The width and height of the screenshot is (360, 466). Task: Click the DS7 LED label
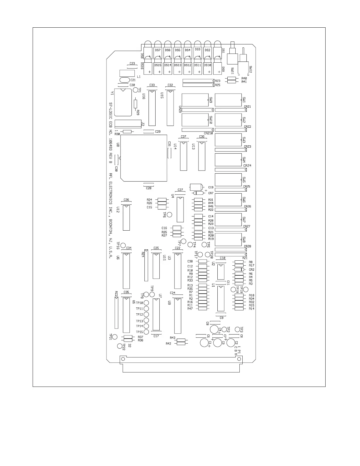tap(158, 50)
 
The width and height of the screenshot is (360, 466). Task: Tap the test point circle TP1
tap(136, 90)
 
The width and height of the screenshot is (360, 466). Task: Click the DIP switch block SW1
tap(228, 100)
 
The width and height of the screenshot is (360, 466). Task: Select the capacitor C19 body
tap(196, 187)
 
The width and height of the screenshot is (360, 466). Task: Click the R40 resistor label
tap(244, 78)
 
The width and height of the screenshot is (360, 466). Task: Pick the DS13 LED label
tap(178, 65)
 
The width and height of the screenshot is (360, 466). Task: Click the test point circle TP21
tap(115, 337)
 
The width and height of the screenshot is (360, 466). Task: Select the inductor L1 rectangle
tap(127, 73)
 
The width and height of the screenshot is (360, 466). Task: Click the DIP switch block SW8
tap(228, 239)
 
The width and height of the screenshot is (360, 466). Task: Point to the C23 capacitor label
tap(132, 63)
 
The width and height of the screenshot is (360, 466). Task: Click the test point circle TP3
tap(237, 329)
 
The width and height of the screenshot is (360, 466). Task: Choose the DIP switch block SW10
tap(195, 120)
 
